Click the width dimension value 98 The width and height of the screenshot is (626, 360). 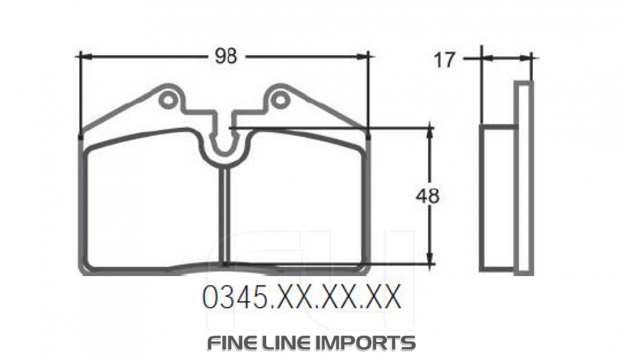[226, 56]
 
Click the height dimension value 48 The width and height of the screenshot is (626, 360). [428, 196]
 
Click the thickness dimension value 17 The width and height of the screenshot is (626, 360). [444, 59]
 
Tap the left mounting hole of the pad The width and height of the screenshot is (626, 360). [167, 100]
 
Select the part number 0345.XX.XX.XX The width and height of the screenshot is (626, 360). [301, 299]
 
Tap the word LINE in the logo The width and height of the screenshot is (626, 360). [293, 342]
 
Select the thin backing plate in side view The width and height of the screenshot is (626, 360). [524, 178]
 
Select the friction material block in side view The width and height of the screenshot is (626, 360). [498, 197]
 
